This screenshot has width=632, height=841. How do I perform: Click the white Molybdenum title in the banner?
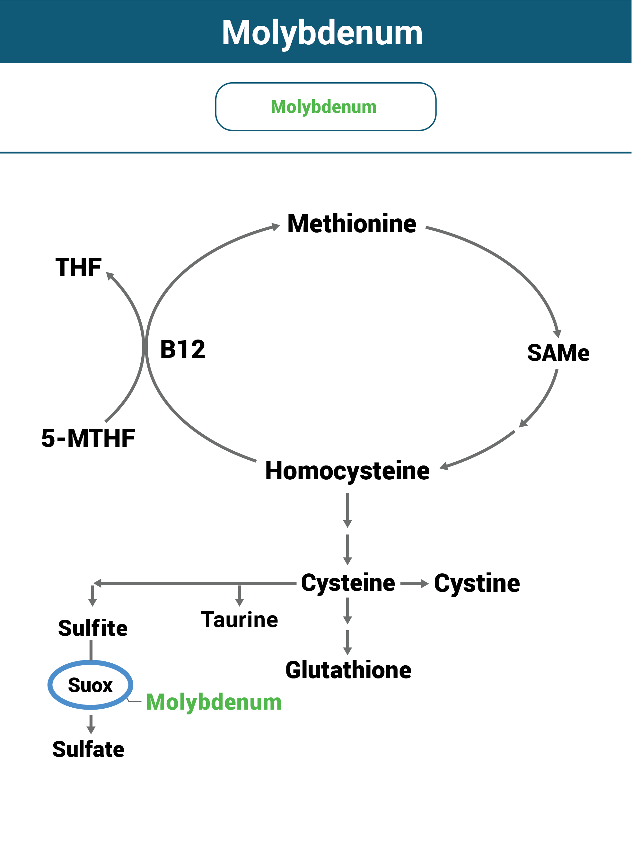point(322,33)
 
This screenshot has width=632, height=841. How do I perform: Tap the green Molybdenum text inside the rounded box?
point(324,107)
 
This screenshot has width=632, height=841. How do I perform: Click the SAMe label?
point(558,353)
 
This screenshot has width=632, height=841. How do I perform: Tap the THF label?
point(78,267)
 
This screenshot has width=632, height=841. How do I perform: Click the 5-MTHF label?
point(88,438)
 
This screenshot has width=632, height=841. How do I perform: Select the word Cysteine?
point(348,583)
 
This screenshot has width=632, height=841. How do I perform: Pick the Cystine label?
point(477,583)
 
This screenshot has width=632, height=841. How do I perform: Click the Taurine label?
point(240,620)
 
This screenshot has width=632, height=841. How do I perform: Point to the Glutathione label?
point(348,670)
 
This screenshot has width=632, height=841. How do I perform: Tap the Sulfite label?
point(93,628)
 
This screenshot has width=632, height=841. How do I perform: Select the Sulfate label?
point(88,749)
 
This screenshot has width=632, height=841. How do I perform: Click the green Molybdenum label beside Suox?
point(214,702)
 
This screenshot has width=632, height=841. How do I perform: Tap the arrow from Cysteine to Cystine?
point(414,584)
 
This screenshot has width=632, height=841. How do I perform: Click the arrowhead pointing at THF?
point(110,276)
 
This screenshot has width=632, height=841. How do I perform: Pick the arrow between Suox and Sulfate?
point(91,724)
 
